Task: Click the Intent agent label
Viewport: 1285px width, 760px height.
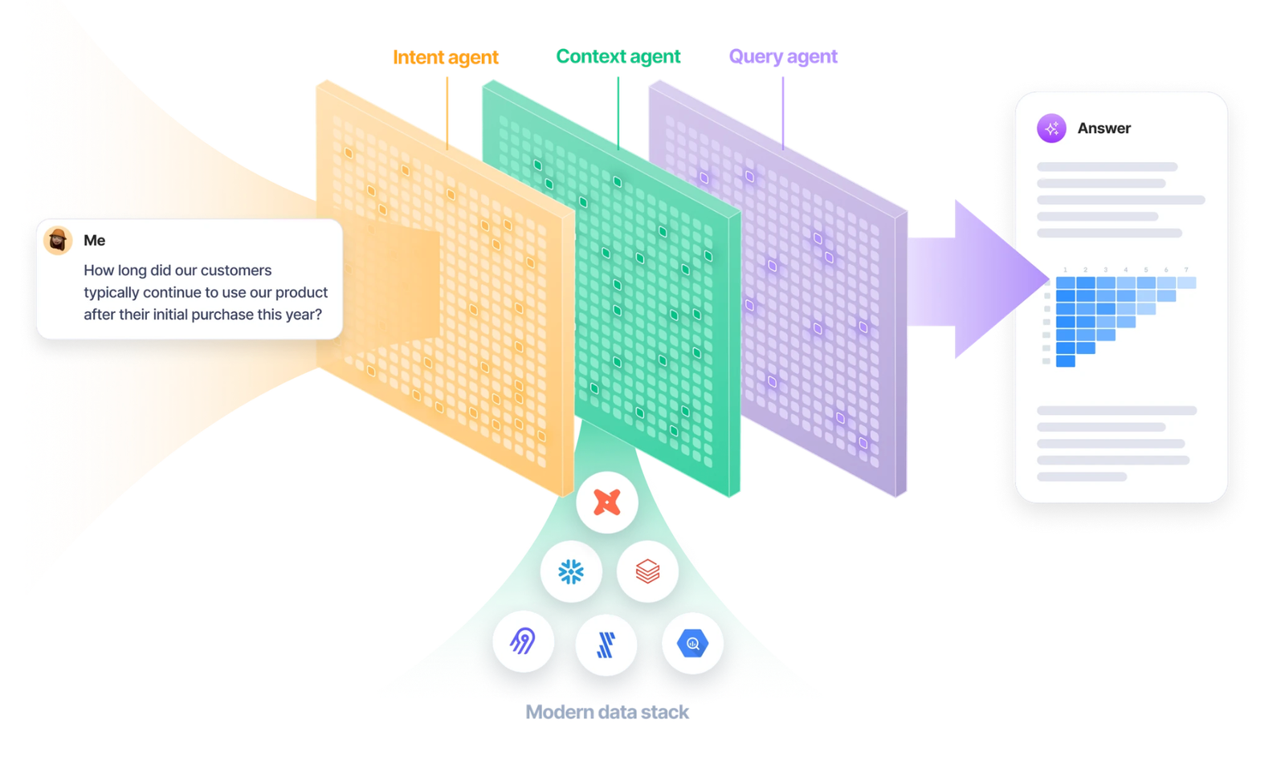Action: tap(445, 57)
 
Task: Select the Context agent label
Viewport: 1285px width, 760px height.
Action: tap(618, 56)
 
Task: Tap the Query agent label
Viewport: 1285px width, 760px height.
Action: tap(782, 56)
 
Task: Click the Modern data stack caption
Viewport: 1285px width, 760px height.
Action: tap(606, 712)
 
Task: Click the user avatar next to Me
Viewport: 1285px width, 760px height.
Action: tap(58, 240)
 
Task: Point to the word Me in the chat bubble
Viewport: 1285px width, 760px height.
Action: tap(94, 240)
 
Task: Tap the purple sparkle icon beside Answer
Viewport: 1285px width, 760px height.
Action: tap(1051, 128)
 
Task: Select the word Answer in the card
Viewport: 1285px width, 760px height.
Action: tap(1103, 128)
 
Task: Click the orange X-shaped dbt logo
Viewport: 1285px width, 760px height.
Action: tap(607, 502)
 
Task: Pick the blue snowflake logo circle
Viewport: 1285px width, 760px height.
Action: tap(571, 571)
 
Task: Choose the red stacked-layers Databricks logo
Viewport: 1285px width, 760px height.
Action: tap(647, 571)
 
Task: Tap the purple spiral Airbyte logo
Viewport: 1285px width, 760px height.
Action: tap(523, 641)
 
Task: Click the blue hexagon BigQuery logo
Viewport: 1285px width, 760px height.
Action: tap(692, 643)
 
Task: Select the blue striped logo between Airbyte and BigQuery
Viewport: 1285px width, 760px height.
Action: tap(606, 644)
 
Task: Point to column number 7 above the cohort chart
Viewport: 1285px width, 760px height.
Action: tap(1186, 270)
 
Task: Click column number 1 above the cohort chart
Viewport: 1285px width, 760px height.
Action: tap(1065, 270)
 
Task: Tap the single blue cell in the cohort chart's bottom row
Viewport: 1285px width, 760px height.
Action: tap(1066, 362)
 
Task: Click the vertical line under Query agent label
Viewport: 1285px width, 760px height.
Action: tap(783, 112)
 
